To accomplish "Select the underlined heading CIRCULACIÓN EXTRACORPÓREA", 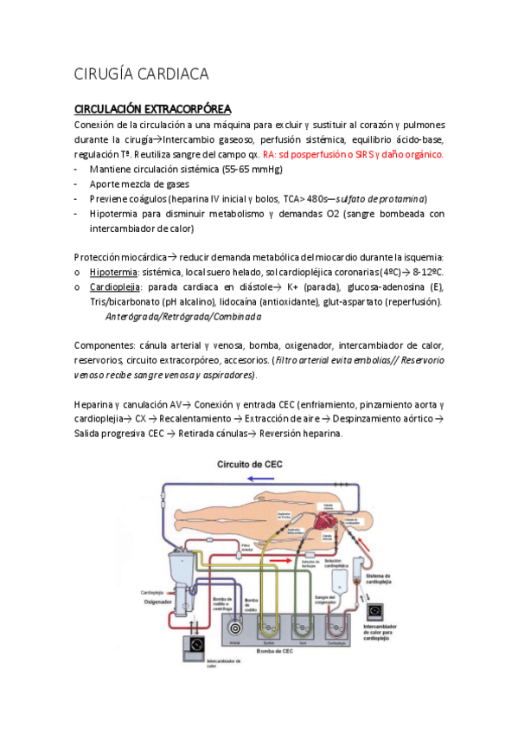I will (x=152, y=109).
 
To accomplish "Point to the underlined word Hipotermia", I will (x=115, y=270).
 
